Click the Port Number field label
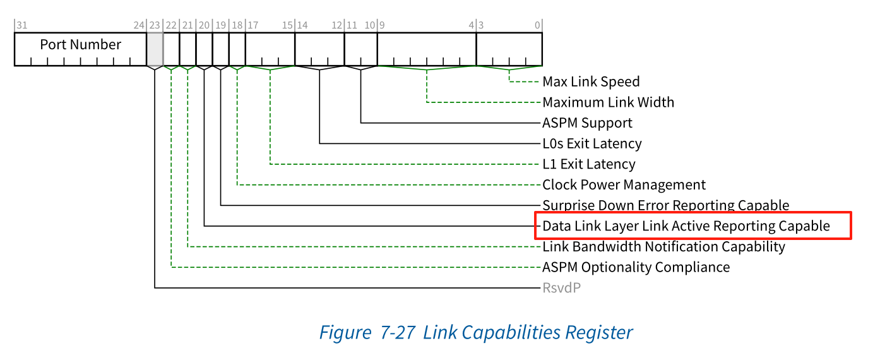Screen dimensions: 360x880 (x=80, y=45)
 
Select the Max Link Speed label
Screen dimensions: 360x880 (x=591, y=81)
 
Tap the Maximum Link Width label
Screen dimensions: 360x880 (x=608, y=102)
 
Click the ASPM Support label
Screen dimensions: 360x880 (x=587, y=123)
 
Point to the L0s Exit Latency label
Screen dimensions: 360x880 (x=592, y=143)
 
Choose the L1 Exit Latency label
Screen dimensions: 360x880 (x=588, y=164)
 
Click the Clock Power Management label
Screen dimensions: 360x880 (x=624, y=185)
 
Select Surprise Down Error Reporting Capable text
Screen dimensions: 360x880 (x=665, y=205)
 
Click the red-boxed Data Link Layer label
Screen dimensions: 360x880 (x=686, y=225)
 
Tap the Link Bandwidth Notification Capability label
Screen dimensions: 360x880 (x=663, y=246)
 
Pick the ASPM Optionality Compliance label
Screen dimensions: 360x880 (x=636, y=267)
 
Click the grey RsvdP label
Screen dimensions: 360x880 (x=561, y=288)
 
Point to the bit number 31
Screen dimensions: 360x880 (x=21, y=25)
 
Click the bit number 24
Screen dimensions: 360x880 (x=139, y=25)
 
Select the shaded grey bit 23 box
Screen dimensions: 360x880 (x=155, y=49)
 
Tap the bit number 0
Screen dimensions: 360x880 (x=538, y=25)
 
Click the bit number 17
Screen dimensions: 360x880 (x=253, y=25)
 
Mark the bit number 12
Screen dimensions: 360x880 (x=337, y=25)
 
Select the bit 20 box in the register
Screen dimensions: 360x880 (x=204, y=49)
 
